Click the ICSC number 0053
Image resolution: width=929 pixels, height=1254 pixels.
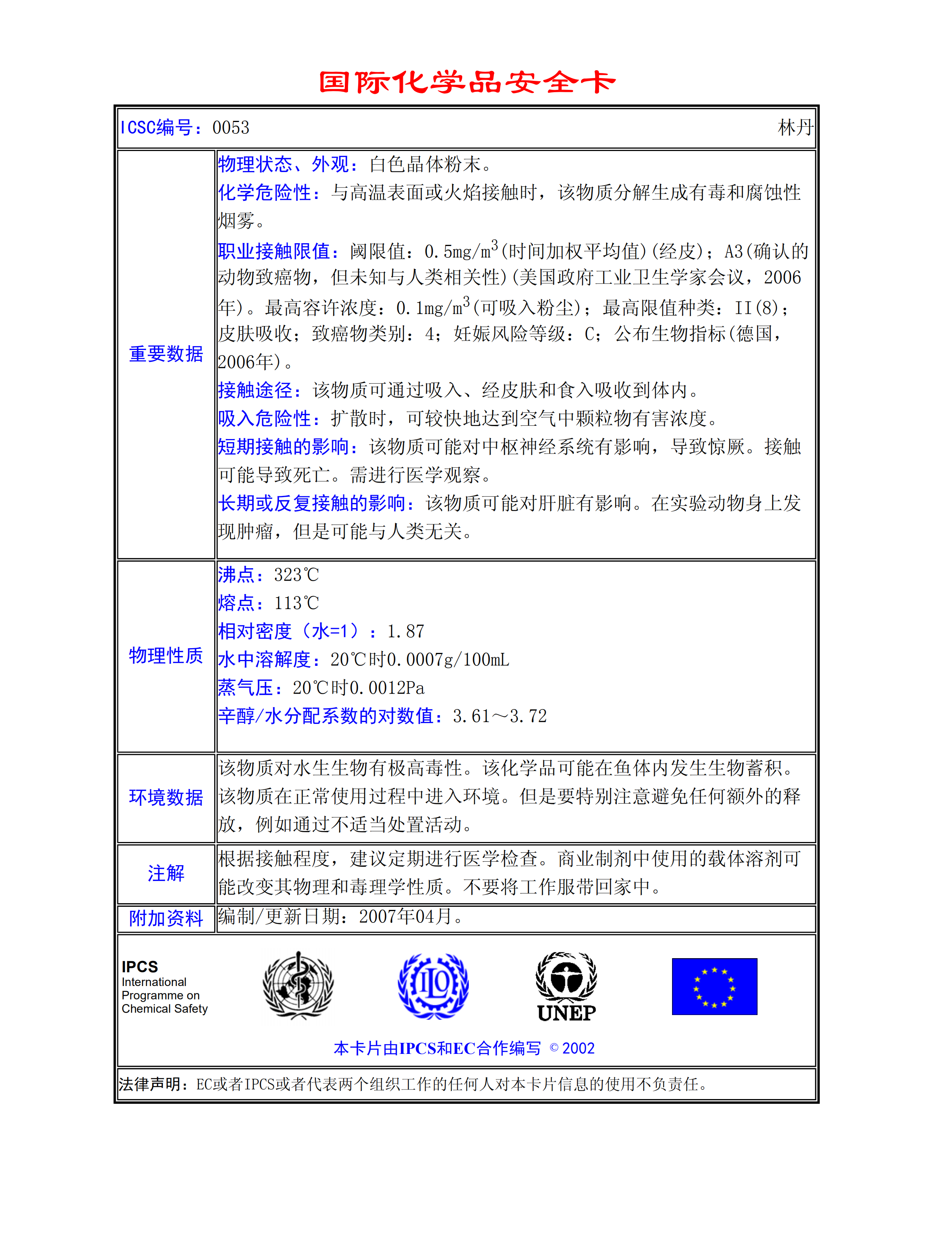click(x=231, y=128)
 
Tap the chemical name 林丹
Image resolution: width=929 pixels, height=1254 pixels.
click(x=794, y=128)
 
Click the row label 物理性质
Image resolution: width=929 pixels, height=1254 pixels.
click(x=166, y=655)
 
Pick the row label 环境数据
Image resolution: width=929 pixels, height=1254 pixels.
click(x=166, y=797)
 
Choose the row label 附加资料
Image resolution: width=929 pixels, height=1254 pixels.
click(x=166, y=918)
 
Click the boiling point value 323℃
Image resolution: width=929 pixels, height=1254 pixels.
click(x=296, y=575)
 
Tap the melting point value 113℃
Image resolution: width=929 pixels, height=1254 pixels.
click(x=296, y=603)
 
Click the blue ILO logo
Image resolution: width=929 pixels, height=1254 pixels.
click(x=433, y=986)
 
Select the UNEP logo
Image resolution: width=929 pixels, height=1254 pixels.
click(x=566, y=986)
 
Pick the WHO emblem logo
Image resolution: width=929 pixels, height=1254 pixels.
click(x=298, y=985)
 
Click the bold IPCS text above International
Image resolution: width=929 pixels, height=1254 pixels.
click(x=140, y=967)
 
